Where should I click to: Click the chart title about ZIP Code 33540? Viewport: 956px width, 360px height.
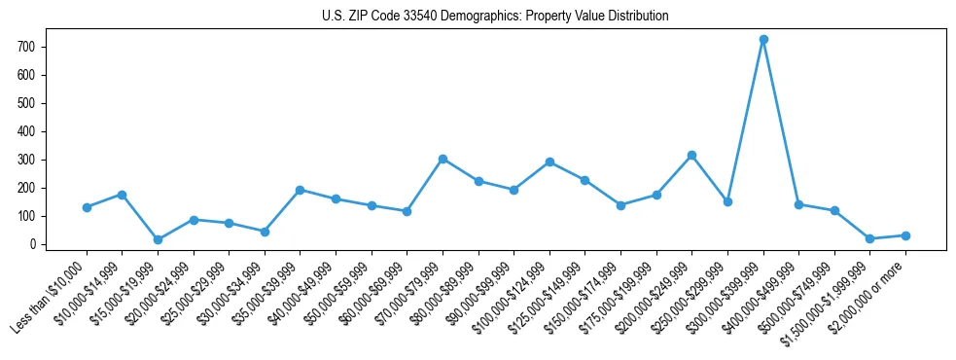pyautogui.click(x=495, y=17)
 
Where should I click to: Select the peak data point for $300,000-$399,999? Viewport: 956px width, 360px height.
pyautogui.click(x=763, y=40)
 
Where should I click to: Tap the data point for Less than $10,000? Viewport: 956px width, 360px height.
pyautogui.click(x=87, y=207)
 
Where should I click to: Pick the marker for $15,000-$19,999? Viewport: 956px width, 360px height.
pyautogui.click(x=158, y=239)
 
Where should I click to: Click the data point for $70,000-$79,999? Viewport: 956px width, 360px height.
pyautogui.click(x=443, y=159)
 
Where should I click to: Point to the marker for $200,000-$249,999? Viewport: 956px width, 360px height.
pyautogui.click(x=691, y=155)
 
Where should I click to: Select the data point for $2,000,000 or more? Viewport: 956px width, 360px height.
pyautogui.click(x=905, y=235)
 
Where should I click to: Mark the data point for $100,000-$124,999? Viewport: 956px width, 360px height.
pyautogui.click(x=549, y=162)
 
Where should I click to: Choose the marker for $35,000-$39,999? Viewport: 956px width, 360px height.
pyautogui.click(x=300, y=190)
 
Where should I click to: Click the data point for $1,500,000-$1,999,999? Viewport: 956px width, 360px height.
pyautogui.click(x=869, y=238)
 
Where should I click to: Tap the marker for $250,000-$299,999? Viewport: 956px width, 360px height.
pyautogui.click(x=727, y=201)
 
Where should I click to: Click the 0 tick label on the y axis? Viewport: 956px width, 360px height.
pyautogui.click(x=33, y=244)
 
